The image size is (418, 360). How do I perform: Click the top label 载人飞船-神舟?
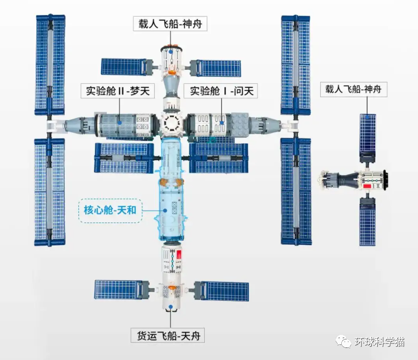click(170, 24)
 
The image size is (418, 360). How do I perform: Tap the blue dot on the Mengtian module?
click(120, 122)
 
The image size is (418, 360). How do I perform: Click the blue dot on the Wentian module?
click(222, 122)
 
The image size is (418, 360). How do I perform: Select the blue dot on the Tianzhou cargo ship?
click(171, 305)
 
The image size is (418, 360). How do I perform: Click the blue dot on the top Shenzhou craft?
click(171, 51)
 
